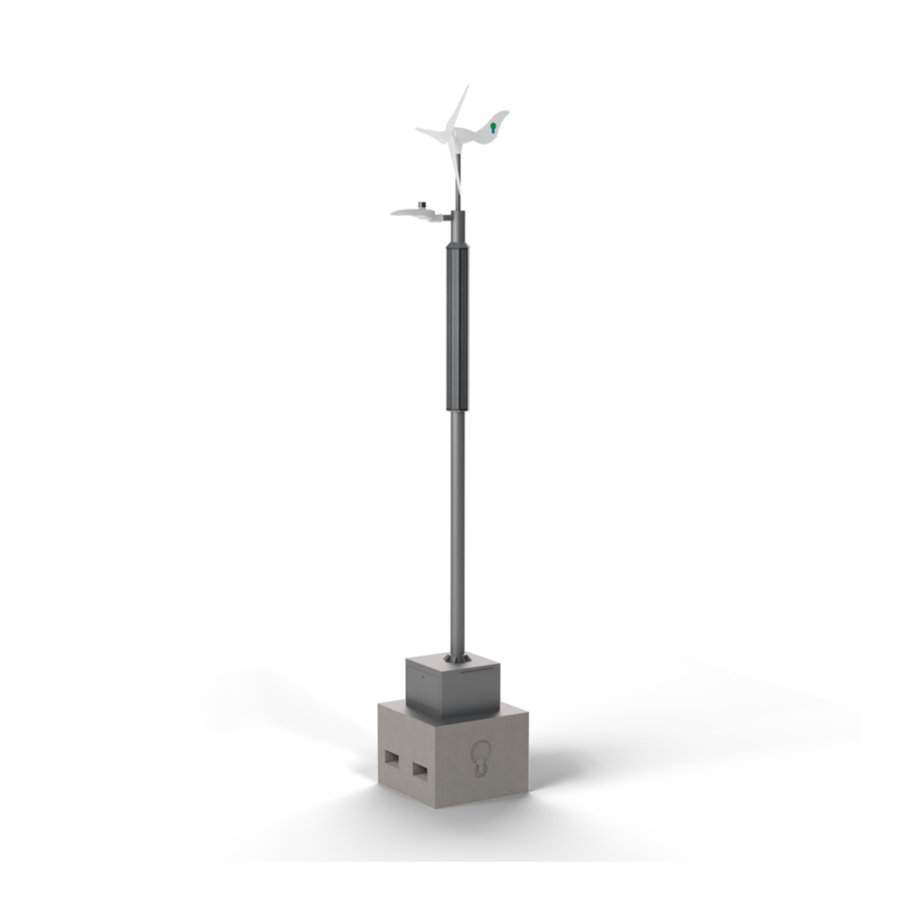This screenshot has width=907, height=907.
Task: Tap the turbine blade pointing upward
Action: pyautogui.click(x=459, y=106)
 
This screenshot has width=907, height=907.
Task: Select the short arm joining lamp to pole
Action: pyautogui.click(x=446, y=214)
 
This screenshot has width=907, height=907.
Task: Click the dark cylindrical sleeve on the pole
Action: pyautogui.click(x=457, y=326)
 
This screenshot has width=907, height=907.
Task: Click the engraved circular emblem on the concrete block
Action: pyautogui.click(x=481, y=757)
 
